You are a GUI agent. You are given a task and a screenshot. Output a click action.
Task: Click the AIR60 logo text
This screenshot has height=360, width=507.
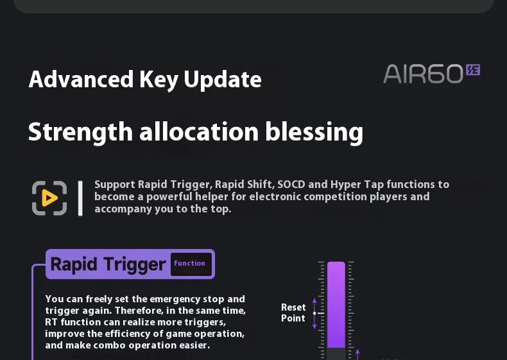tap(424, 74)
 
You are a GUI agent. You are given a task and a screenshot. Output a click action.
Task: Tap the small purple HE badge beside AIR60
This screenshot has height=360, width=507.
tap(473, 69)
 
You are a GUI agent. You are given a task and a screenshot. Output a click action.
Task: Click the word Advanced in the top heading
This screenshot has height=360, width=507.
tap(81, 79)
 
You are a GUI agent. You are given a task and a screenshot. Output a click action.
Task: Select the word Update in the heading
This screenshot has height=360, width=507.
tap(223, 80)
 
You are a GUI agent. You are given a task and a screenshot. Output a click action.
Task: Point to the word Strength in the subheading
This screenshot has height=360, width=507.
tap(80, 132)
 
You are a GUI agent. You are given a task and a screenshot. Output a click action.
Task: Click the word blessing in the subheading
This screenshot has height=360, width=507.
tap(314, 132)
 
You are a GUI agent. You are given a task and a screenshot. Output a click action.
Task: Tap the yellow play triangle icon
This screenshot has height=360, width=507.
tap(49, 198)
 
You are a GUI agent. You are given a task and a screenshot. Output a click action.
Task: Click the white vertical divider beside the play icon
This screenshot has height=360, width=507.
tap(80, 198)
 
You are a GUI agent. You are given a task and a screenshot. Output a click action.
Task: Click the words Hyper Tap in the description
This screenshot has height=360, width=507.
tap(357, 184)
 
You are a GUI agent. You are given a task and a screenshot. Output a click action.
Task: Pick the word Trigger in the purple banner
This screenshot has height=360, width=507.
tap(135, 264)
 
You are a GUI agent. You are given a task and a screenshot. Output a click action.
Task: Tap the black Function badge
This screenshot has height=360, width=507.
tap(191, 264)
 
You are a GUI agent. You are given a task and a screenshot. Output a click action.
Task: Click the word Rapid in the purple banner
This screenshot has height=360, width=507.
tap(74, 264)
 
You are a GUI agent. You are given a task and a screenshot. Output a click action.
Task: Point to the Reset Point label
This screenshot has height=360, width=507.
tap(293, 313)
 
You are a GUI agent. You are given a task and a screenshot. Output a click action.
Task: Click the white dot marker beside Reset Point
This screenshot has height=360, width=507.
tap(314, 313)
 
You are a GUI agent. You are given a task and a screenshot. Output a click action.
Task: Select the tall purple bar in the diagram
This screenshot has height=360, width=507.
tap(336, 305)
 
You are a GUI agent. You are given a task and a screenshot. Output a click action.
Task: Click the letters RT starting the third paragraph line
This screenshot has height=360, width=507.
tap(51, 322)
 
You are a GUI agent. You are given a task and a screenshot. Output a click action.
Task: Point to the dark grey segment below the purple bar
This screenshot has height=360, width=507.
tap(336, 354)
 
